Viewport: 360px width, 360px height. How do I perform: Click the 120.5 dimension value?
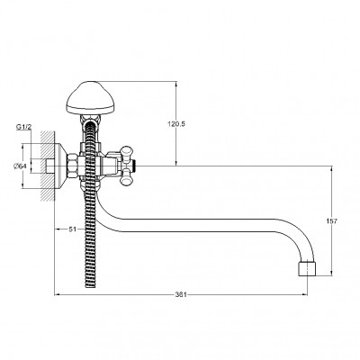[176, 124]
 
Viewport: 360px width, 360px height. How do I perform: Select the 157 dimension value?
[331, 221]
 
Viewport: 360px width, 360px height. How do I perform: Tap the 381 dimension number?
[181, 294]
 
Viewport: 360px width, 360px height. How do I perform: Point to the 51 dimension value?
[73, 229]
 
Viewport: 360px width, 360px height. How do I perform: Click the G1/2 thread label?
[23, 127]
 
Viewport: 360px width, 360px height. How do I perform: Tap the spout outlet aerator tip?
[307, 269]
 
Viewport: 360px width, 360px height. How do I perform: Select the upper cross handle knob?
[126, 152]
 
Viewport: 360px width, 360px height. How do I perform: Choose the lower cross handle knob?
[126, 177]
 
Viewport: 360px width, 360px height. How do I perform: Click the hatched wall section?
[48, 166]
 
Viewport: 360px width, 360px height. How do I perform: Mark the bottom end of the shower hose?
[90, 287]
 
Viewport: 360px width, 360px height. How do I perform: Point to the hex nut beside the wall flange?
[73, 166]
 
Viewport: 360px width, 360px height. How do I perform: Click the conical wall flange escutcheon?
[61, 166]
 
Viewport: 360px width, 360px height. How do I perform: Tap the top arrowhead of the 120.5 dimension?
[176, 84]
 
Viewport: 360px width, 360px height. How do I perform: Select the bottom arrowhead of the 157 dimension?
[331, 274]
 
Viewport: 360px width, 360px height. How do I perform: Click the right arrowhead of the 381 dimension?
[304, 294]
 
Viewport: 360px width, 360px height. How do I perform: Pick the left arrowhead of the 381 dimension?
[58, 294]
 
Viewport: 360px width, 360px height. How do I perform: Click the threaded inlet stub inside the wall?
[50, 166]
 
